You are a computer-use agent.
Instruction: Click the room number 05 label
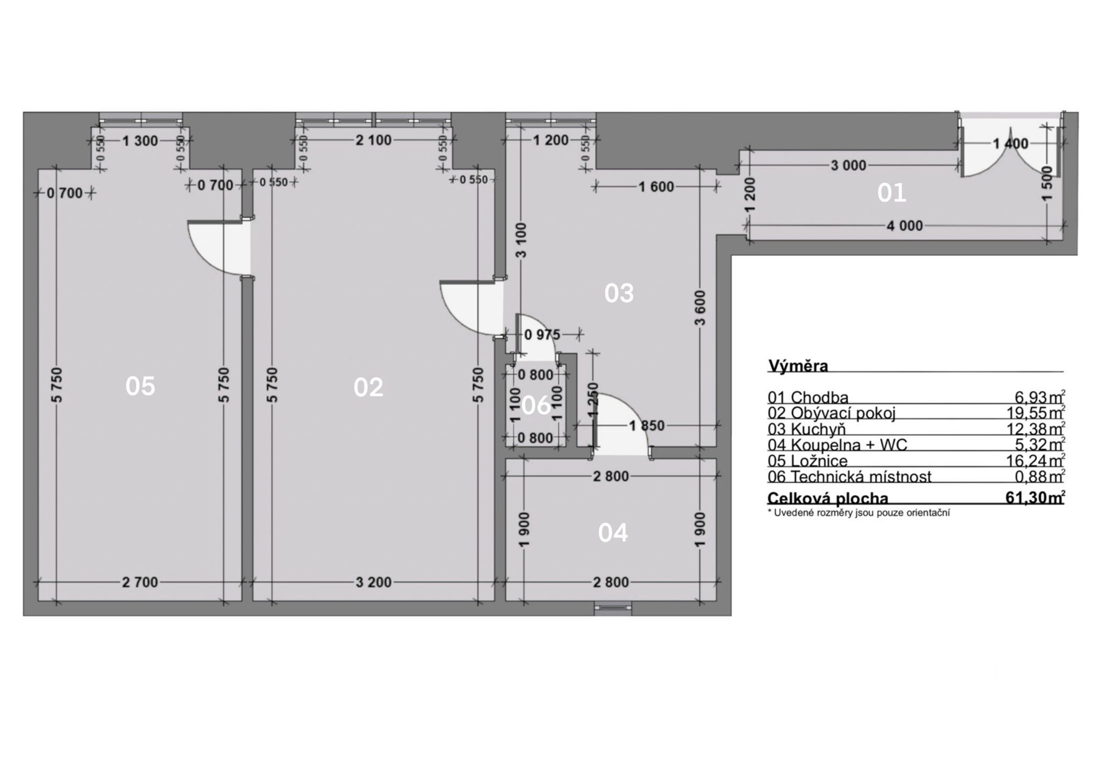[140, 386]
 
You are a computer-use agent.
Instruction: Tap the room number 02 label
[368, 388]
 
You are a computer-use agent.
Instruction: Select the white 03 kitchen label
[619, 293]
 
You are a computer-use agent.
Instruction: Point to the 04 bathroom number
[613, 533]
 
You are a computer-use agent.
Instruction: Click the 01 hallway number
[892, 194]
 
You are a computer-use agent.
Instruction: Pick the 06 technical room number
[537, 405]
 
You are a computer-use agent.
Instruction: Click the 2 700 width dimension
[140, 582]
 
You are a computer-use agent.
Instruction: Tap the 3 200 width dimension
[374, 582]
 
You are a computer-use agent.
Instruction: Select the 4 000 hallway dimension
[905, 226]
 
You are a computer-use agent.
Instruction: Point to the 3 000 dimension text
[848, 166]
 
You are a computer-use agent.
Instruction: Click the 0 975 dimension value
[542, 335]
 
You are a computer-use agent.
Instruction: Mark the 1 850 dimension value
[647, 425]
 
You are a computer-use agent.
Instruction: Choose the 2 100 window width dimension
[374, 140]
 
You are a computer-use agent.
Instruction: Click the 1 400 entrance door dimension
[1010, 144]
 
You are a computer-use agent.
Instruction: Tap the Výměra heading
[798, 366]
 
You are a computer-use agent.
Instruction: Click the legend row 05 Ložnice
[808, 461]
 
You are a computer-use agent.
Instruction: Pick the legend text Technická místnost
[861, 477]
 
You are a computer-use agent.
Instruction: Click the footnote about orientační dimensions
[859, 513]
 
